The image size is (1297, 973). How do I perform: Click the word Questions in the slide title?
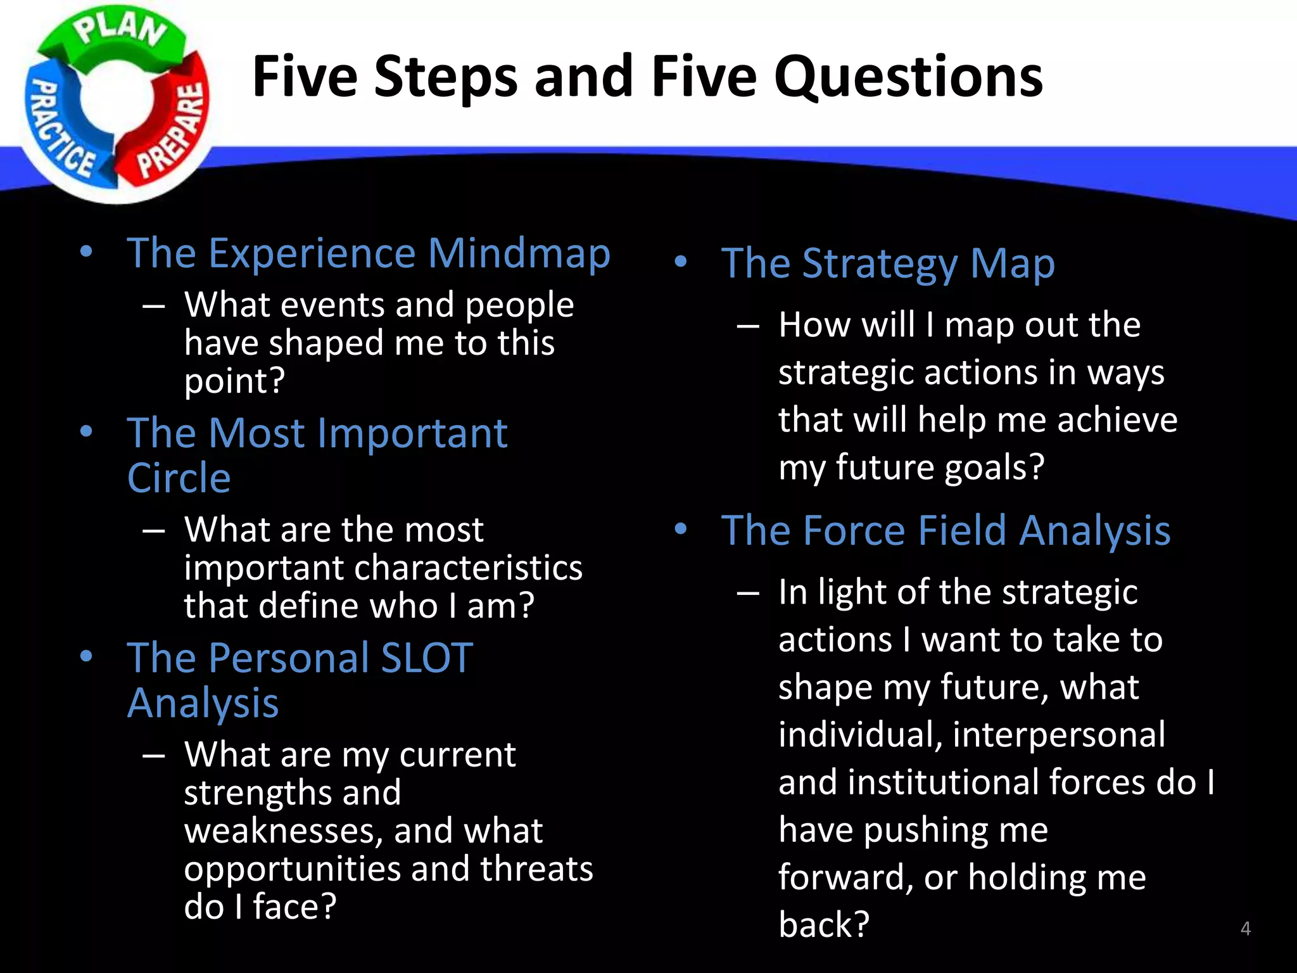tap(908, 77)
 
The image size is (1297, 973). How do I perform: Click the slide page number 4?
tap(1245, 929)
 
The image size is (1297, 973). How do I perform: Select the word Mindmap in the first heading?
tap(519, 253)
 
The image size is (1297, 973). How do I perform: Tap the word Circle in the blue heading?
tap(179, 478)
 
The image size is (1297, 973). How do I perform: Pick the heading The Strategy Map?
tap(887, 264)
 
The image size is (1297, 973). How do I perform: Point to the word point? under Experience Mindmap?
tap(234, 381)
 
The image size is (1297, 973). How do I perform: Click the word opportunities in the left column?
tap(292, 869)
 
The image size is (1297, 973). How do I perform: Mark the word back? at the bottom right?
tap(823, 925)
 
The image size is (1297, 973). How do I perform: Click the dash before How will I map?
tap(748, 326)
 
